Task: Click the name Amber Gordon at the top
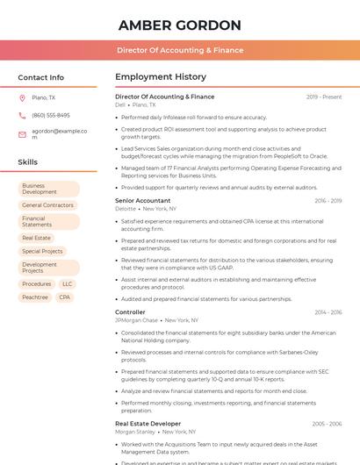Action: pyautogui.click(x=179, y=25)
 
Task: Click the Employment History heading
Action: pyautogui.click(x=160, y=77)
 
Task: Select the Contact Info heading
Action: pyautogui.click(x=40, y=77)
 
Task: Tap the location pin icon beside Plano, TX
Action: pyautogui.click(x=22, y=97)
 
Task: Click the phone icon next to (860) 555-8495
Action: pyautogui.click(x=22, y=115)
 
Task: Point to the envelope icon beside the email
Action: pyautogui.click(x=22, y=134)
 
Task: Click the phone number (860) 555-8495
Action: pyautogui.click(x=51, y=115)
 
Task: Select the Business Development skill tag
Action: pyautogui.click(x=48, y=189)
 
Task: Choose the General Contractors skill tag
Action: pyautogui.click(x=47, y=205)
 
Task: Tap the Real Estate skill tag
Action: pyautogui.click(x=36, y=238)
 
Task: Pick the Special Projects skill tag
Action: pyautogui.click(x=42, y=251)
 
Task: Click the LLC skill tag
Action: pyautogui.click(x=68, y=284)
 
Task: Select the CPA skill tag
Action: pyautogui.click(x=64, y=297)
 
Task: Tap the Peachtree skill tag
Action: pyautogui.click(x=35, y=297)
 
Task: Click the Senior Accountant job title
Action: pyautogui.click(x=142, y=201)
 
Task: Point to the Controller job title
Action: pyautogui.click(x=130, y=312)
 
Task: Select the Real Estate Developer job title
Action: pyautogui.click(x=148, y=424)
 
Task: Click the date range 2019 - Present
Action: pyautogui.click(x=324, y=97)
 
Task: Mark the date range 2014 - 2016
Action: pyautogui.click(x=328, y=312)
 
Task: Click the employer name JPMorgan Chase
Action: pyautogui.click(x=136, y=320)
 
